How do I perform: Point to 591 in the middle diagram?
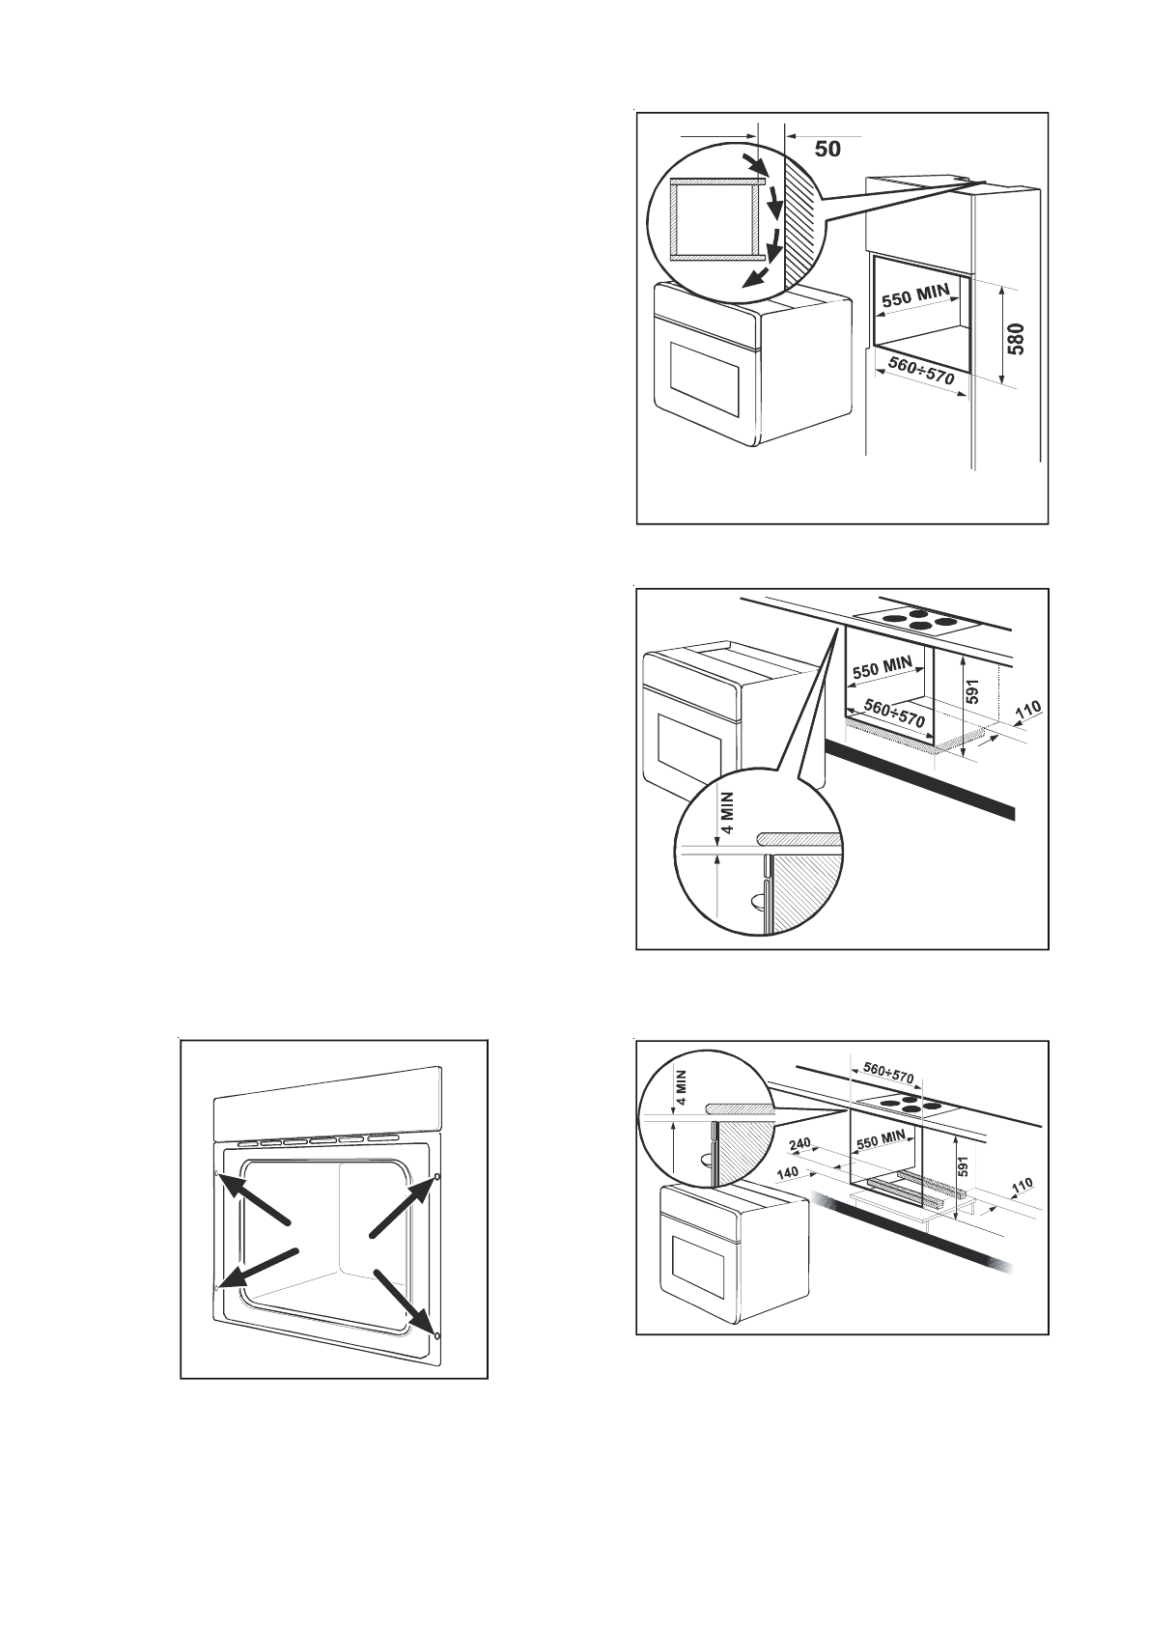click(974, 691)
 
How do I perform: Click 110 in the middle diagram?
click(1027, 712)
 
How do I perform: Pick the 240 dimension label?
click(800, 1144)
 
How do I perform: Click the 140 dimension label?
click(790, 1172)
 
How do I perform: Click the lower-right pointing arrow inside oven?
click(406, 1300)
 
